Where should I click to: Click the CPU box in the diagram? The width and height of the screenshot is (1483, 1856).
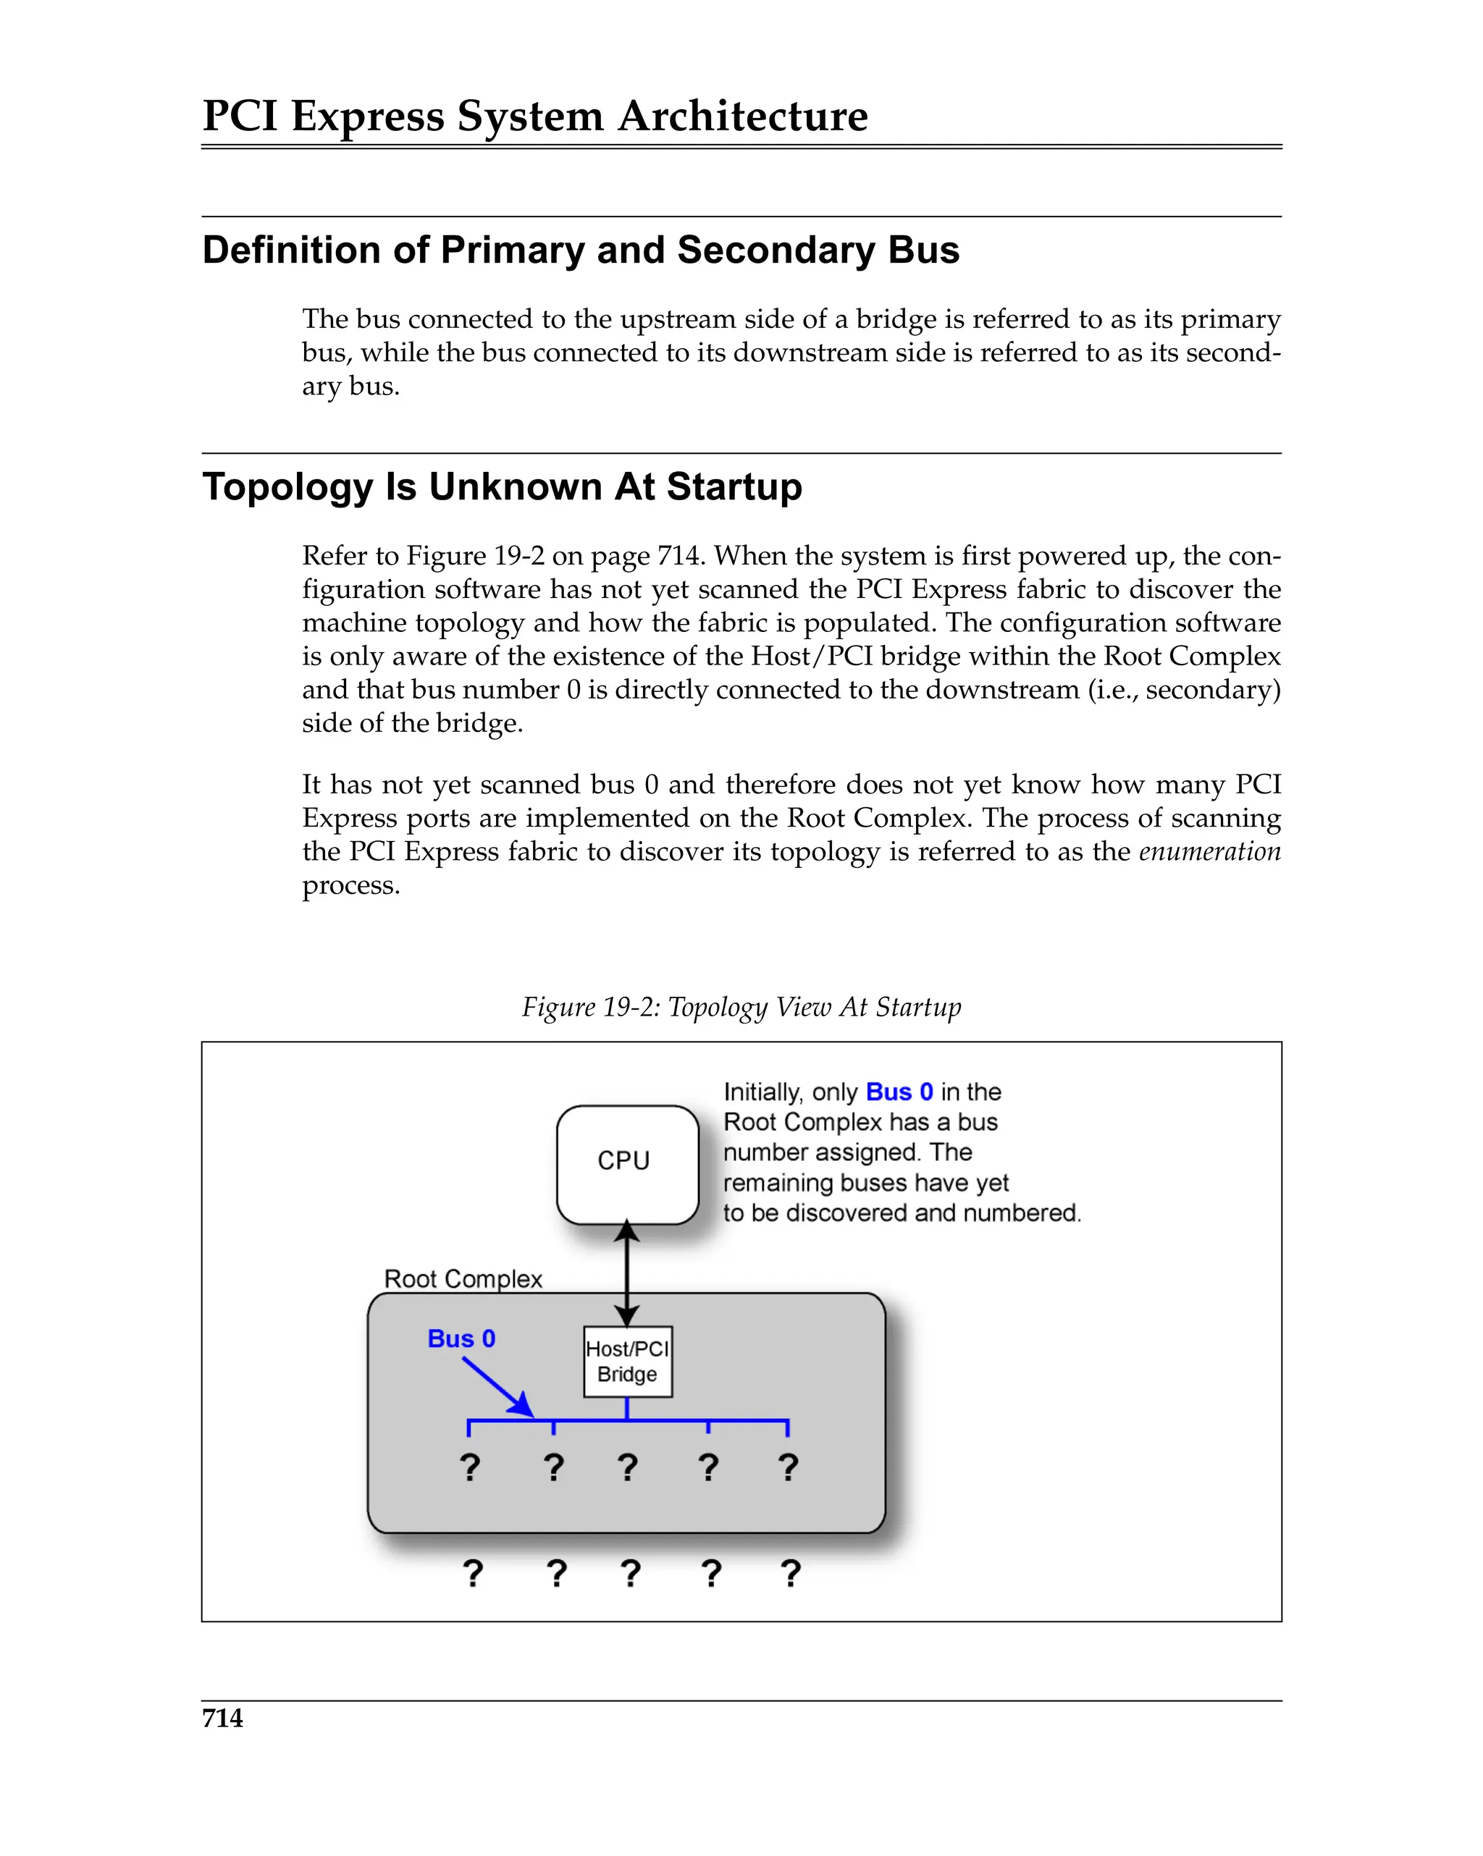tap(626, 1163)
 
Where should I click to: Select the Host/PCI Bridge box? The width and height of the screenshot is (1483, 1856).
tap(627, 1361)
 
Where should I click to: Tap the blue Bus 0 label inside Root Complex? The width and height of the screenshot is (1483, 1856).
tap(461, 1338)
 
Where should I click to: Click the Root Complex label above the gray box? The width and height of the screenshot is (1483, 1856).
tap(463, 1278)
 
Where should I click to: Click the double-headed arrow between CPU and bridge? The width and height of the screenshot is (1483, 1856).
tap(626, 1274)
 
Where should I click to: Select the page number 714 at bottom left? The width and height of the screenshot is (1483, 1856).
tap(222, 1718)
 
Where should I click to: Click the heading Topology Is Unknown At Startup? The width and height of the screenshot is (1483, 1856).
tap(502, 486)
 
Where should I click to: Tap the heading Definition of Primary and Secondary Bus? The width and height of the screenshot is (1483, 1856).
tap(581, 250)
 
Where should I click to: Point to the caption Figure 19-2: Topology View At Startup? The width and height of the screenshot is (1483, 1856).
tap(741, 1006)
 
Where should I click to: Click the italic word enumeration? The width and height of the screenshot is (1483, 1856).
tap(1209, 851)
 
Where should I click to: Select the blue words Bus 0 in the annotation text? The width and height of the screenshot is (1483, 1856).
tap(899, 1092)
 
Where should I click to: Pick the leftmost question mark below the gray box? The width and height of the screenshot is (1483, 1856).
tap(473, 1573)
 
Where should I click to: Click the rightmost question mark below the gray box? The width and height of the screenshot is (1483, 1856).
tap(791, 1573)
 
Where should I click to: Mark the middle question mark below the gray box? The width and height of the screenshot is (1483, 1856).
tap(631, 1573)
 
